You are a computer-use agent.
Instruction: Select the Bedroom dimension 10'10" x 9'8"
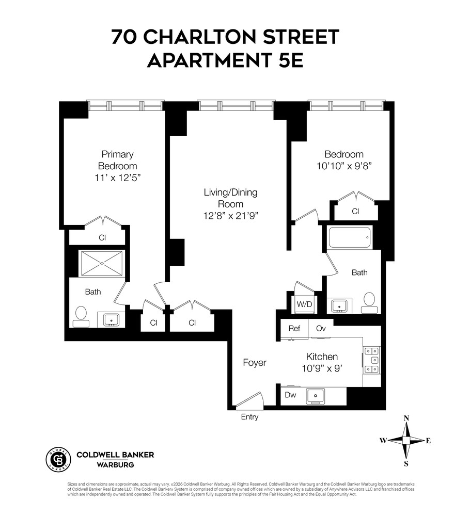click(343, 166)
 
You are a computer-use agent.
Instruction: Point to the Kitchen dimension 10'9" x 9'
click(322, 369)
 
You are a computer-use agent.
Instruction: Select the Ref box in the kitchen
click(294, 328)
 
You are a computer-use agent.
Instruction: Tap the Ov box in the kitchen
click(321, 328)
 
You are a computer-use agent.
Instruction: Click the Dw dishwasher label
click(290, 395)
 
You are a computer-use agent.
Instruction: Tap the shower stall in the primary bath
click(101, 263)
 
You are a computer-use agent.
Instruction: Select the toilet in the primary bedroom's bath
click(81, 316)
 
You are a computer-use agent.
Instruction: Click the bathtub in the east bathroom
click(350, 238)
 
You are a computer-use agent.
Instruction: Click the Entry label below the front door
click(249, 417)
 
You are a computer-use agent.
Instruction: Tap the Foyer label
click(255, 363)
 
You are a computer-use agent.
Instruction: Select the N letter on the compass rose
click(406, 418)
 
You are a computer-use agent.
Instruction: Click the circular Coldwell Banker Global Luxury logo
click(57, 457)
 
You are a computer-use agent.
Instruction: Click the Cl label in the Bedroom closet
click(355, 212)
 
